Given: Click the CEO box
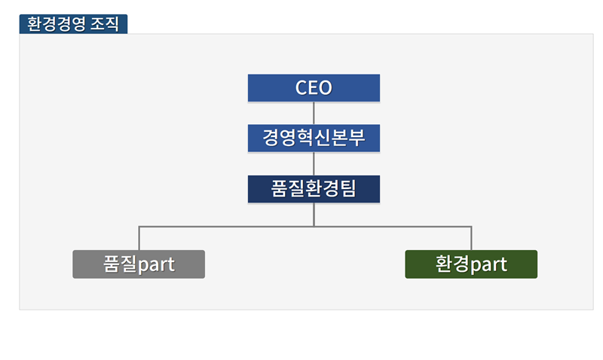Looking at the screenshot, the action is point(314,88).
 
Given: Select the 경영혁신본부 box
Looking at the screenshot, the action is point(314,138).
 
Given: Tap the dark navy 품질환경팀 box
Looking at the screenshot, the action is point(314,189).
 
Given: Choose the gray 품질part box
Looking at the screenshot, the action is point(139,264).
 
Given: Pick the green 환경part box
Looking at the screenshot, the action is point(471,264).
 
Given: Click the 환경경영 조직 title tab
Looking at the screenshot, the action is point(73,24).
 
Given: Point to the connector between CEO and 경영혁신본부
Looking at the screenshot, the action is point(314,113).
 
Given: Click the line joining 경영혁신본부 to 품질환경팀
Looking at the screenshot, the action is point(314,163).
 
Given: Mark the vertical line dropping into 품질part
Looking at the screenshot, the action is point(139,238).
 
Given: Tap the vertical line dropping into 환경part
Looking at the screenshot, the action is point(471,238).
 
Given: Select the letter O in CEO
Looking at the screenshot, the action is point(326,87).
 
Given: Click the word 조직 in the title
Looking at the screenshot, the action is point(105,24).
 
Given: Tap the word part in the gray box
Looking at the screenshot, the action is point(156,265).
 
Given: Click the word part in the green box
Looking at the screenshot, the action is point(488,265).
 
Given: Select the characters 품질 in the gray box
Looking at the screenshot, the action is point(121,264).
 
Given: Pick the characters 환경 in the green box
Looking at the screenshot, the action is point(453,264).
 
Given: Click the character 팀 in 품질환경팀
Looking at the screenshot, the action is point(348,188).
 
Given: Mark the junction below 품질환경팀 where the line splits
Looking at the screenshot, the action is point(314,227).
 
